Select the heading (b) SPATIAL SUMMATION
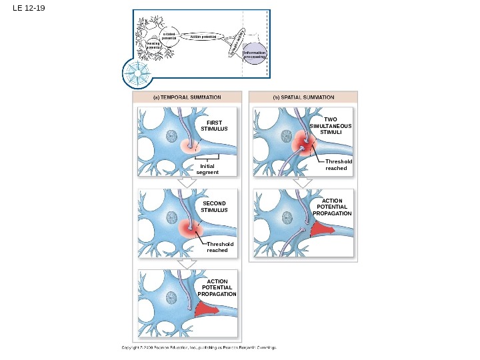[303, 97]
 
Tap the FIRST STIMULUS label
[214, 125]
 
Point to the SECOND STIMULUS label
[214, 206]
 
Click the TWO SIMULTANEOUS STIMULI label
[331, 125]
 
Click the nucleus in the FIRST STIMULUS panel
[171, 137]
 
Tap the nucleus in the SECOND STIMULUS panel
[171, 217]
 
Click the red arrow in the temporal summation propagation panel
[207, 309]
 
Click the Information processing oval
[254, 55]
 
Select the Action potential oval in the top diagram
[204, 37]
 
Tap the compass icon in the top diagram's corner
[141, 72]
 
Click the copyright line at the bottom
[198, 347]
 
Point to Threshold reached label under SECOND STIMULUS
[219, 247]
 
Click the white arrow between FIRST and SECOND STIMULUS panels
[189, 183]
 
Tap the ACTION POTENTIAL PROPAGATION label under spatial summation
[331, 207]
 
